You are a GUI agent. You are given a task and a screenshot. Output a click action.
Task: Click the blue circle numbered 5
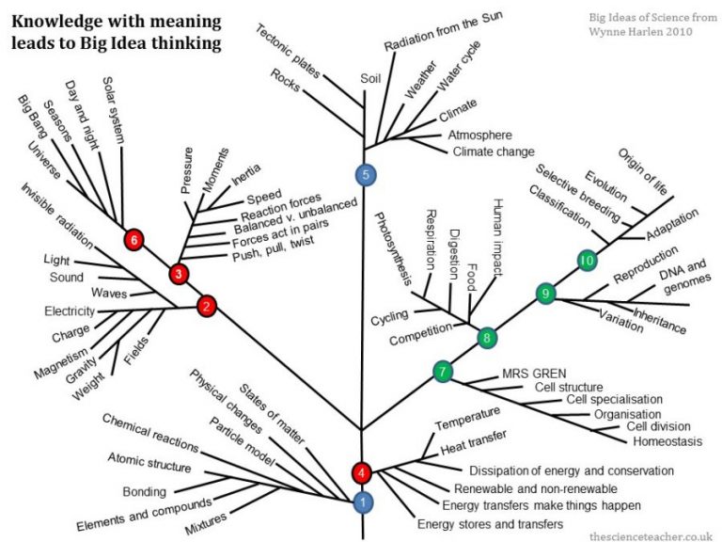coord(366,174)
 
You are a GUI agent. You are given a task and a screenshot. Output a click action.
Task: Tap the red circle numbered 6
coord(134,241)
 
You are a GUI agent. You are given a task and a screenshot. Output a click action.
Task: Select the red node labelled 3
coord(179,274)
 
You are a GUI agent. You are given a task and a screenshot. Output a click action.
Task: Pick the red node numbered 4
coord(362,472)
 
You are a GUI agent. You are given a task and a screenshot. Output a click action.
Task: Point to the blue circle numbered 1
coord(362,503)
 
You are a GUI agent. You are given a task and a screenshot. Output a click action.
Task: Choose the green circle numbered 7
coord(443,371)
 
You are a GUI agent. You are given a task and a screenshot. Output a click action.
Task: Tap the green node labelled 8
coord(486,336)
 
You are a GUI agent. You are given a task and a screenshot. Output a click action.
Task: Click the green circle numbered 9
coord(544,295)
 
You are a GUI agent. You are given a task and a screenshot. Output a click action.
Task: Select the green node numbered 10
coord(588,259)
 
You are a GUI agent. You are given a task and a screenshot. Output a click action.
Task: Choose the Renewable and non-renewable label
coord(535,488)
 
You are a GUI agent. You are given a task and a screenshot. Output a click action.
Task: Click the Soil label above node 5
coord(370,79)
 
